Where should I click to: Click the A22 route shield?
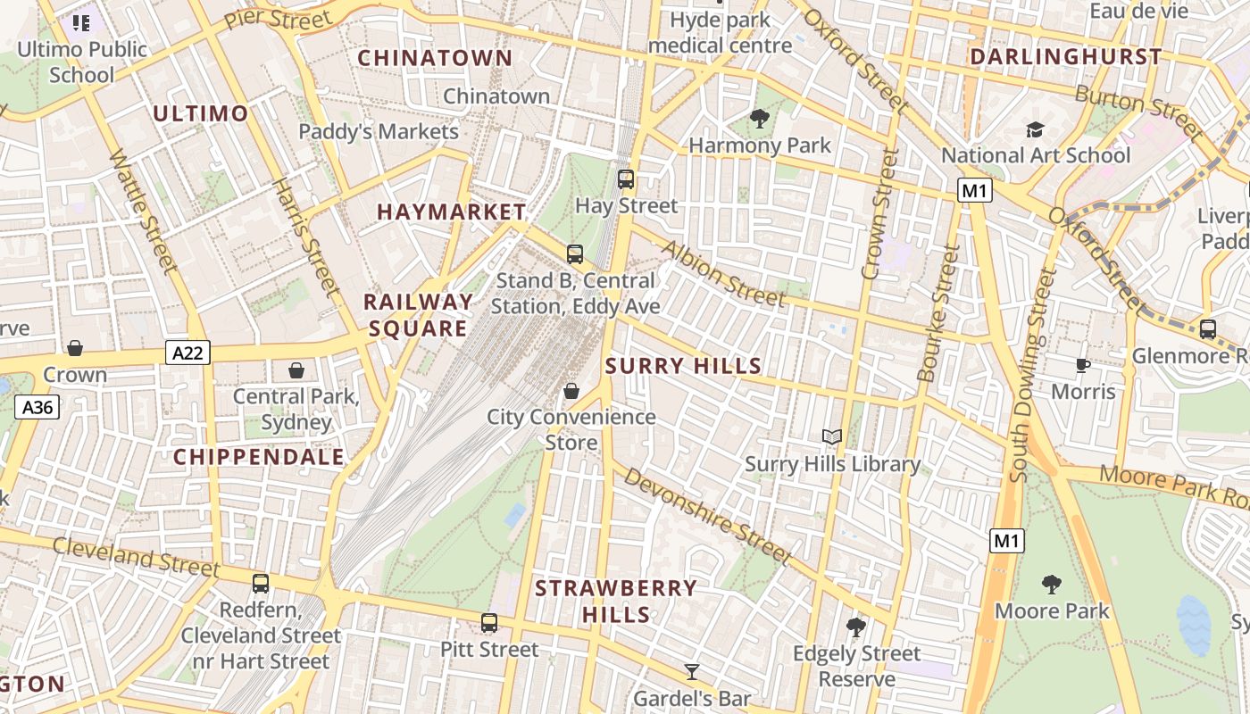point(187,353)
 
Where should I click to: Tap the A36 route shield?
point(37,408)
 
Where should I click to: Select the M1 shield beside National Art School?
point(974,190)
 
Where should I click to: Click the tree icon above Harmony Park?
point(760,118)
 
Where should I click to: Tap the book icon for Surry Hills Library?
point(832,436)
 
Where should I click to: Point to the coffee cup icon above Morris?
point(1083,365)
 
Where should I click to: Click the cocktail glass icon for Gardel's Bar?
point(692,671)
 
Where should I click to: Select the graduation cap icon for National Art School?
point(1035,130)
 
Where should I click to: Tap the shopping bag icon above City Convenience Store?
point(571,391)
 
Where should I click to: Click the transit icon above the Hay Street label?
point(626,179)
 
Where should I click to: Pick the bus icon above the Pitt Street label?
point(489,622)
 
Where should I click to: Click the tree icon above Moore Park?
point(1052,585)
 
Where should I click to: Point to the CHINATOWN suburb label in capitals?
point(435,59)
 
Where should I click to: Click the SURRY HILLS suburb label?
point(683,365)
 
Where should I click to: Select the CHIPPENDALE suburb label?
point(259,457)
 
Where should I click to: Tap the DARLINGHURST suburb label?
point(1065,57)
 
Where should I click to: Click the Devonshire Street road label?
point(707,516)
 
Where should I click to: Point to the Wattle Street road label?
point(143,211)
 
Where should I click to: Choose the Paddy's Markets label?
point(379,132)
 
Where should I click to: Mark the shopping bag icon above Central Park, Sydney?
point(296,369)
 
